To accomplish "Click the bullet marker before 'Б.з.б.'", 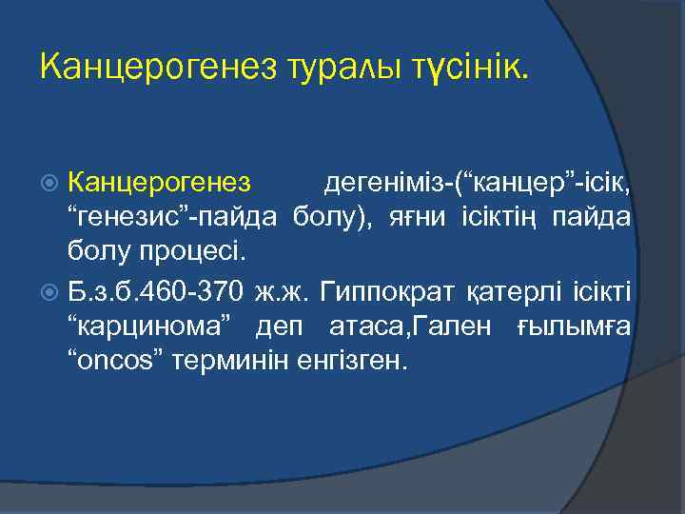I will coord(52,290).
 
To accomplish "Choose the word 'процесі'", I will coord(204,253).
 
